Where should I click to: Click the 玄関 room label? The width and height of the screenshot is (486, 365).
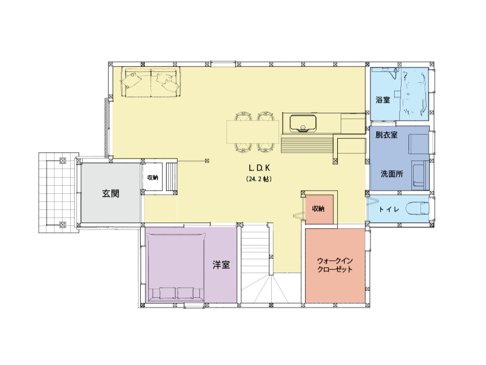pos(111,194)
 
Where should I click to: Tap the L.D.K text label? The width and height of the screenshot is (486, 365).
pos(260,168)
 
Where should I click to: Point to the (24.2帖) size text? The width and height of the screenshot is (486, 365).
pos(259,179)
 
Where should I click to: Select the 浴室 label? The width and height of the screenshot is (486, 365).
pos(383,100)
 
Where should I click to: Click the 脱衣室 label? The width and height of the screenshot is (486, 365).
pos(387,135)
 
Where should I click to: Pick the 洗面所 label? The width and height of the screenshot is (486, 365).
pos(392,174)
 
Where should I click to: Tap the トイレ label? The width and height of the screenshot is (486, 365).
pos(389,210)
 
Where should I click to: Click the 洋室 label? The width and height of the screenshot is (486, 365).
pos(221,265)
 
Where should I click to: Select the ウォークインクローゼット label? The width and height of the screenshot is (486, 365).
pos(335,265)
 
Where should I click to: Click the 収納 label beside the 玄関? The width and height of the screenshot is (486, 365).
pos(153,178)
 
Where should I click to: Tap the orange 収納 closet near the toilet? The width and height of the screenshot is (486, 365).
pos(319,209)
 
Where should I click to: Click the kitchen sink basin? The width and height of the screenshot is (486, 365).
pos(303,123)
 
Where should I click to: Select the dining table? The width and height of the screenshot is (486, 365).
pos(253,132)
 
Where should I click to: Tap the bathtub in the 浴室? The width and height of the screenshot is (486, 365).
pos(414,94)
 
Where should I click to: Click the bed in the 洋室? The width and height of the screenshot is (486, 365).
pos(176,267)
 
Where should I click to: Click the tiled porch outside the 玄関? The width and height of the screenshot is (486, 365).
pos(59,193)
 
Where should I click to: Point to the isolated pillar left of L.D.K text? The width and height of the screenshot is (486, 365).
pos(207,160)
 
